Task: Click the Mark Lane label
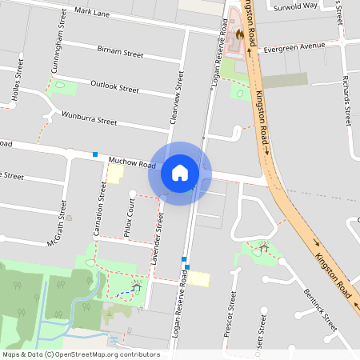[x=92, y=14]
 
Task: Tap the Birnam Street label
[x=119, y=54]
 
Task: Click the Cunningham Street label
[x=58, y=49]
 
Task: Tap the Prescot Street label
[x=232, y=314]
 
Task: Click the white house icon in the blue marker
[x=179, y=173]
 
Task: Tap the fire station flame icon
[x=239, y=36]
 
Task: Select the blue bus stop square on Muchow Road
[x=95, y=154]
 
